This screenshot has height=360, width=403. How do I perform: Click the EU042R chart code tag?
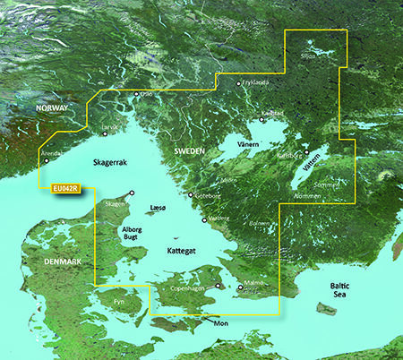[x=66, y=188]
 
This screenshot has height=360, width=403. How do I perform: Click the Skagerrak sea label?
[x=112, y=161]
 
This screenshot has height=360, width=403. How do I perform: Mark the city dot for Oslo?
[x=136, y=94]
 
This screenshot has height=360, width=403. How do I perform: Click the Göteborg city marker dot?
[x=191, y=194]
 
